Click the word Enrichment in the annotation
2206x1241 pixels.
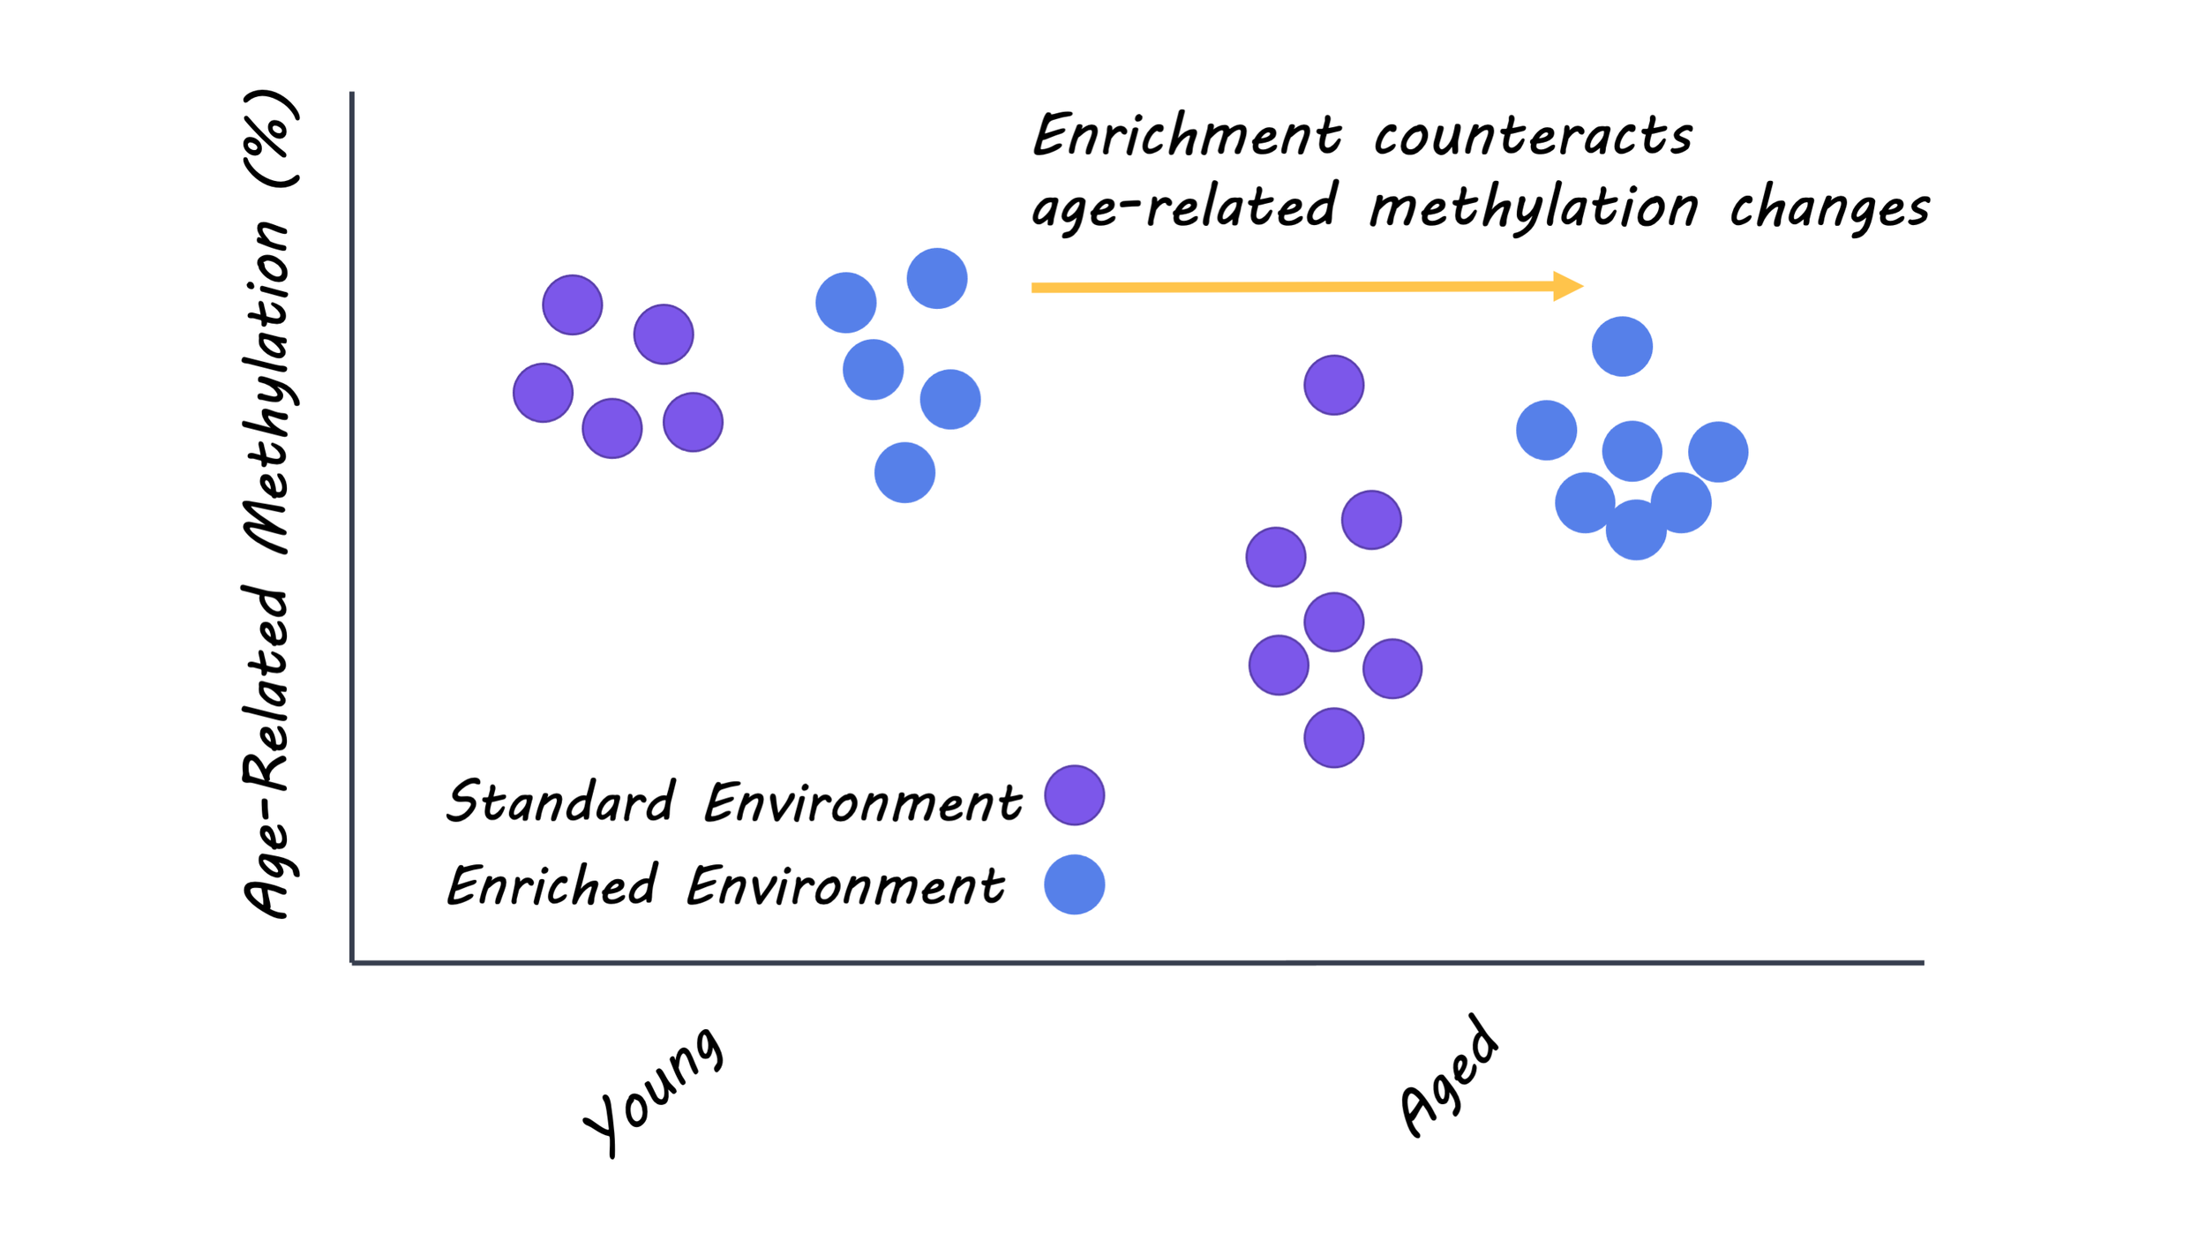coord(1187,134)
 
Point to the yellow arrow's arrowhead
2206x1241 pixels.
coord(1568,286)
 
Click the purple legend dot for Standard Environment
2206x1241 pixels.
coord(1074,795)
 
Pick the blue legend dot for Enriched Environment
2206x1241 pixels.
coord(1074,884)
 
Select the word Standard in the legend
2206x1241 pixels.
coord(560,801)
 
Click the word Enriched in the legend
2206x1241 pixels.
coord(552,885)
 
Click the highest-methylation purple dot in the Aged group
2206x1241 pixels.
coord(1333,385)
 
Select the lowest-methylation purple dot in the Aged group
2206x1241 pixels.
coord(1333,738)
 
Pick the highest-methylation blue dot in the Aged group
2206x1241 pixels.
coord(1622,347)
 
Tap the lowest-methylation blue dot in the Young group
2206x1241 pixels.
coord(904,473)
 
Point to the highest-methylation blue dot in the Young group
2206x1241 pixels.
coord(937,279)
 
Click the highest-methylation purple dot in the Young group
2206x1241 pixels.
coord(573,305)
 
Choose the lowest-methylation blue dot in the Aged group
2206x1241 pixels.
coord(1636,530)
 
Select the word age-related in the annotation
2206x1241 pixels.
coord(1184,207)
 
